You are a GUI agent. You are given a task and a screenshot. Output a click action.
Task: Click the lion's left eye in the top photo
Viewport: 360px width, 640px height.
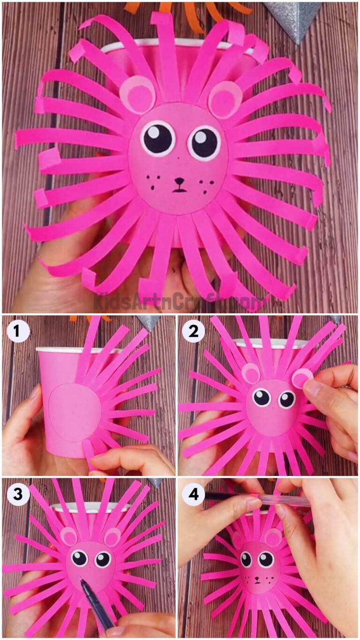click(158, 138)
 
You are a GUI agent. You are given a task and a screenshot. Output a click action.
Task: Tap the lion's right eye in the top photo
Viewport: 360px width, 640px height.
click(204, 142)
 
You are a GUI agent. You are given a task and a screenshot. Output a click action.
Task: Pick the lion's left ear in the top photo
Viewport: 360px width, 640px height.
click(137, 94)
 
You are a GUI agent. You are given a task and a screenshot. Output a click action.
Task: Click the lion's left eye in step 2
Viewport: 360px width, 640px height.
click(262, 398)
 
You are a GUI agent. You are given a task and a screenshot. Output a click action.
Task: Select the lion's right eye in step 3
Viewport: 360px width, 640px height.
click(102, 559)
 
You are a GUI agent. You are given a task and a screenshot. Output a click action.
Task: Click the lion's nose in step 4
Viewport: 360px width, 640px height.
click(257, 579)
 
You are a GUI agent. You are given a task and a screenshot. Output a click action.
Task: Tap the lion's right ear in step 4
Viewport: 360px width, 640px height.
click(273, 537)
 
